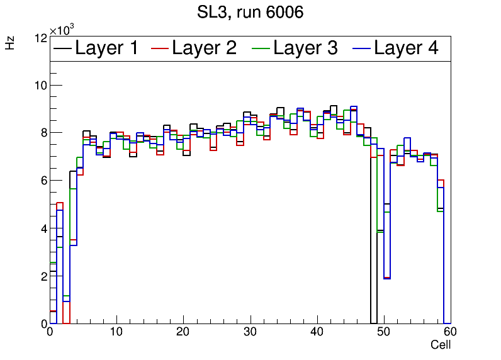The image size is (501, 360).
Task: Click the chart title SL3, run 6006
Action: pyautogui.click(x=250, y=12)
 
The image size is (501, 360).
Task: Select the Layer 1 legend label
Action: pyautogui.click(x=106, y=48)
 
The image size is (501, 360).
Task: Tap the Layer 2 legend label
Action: pyautogui.click(x=204, y=48)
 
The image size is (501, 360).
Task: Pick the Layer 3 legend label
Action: pyautogui.click(x=305, y=48)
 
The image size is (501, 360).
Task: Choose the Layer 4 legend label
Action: pyautogui.click(x=406, y=48)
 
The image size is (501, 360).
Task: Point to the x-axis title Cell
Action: pyautogui.click(x=441, y=345)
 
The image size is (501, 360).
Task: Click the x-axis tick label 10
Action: pyautogui.click(x=116, y=333)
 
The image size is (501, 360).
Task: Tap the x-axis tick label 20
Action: pyautogui.click(x=183, y=333)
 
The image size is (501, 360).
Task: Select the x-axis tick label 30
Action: pyautogui.click(x=250, y=333)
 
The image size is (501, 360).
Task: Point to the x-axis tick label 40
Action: pyautogui.click(x=317, y=333)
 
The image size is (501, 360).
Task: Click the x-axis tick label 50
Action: pyautogui.click(x=383, y=333)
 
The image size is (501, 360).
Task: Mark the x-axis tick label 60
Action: pyautogui.click(x=449, y=333)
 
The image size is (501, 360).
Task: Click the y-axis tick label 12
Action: pyautogui.click(x=40, y=38)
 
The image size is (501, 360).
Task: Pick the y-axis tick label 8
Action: pyautogui.click(x=43, y=133)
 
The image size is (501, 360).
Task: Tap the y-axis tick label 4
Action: pyautogui.click(x=43, y=228)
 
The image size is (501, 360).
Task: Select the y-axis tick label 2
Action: pyautogui.click(x=43, y=276)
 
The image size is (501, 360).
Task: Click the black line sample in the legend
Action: pyautogui.click(x=62, y=48)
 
